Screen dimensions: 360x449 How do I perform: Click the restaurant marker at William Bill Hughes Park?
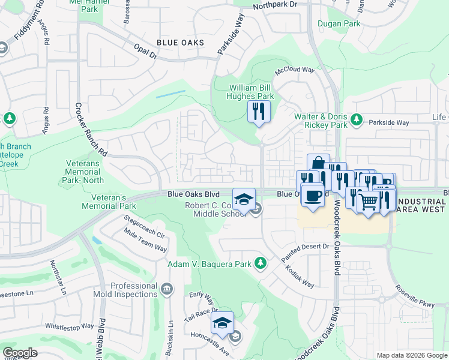tap(259, 112)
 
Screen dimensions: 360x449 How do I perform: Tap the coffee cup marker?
tap(312, 196)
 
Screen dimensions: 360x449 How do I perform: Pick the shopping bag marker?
tap(318, 164)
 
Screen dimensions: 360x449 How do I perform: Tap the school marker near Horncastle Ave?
tap(223, 323)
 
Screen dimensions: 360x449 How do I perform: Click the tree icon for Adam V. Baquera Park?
tap(261, 263)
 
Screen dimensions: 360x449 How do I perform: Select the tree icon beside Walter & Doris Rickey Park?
tap(356, 120)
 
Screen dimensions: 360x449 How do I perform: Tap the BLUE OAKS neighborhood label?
tap(180, 43)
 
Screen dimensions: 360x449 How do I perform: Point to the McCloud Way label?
tap(295, 70)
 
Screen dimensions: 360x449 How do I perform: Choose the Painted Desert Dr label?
tap(306, 247)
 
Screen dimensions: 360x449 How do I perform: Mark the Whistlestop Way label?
tap(70, 326)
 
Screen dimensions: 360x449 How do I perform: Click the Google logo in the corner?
tap(20, 353)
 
